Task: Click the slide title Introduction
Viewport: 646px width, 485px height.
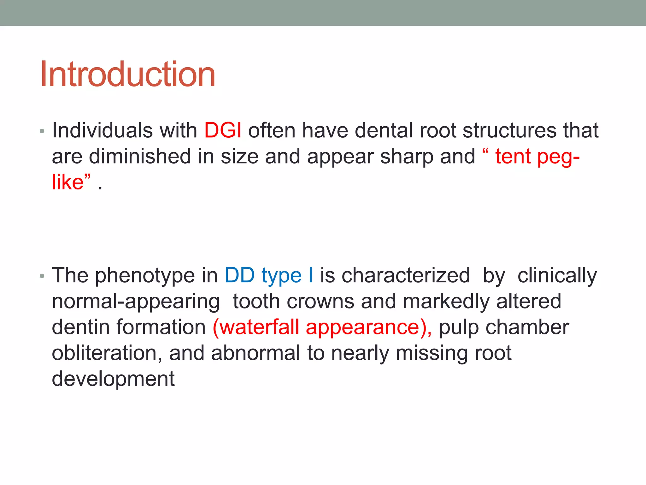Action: (x=127, y=75)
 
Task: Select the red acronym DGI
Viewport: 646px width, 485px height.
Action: (x=223, y=130)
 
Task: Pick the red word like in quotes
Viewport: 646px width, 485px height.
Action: (x=68, y=182)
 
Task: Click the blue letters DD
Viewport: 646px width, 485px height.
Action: (x=239, y=275)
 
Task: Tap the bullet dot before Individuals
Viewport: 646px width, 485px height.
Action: (x=42, y=131)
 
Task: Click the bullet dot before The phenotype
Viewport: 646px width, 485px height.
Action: (x=42, y=276)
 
